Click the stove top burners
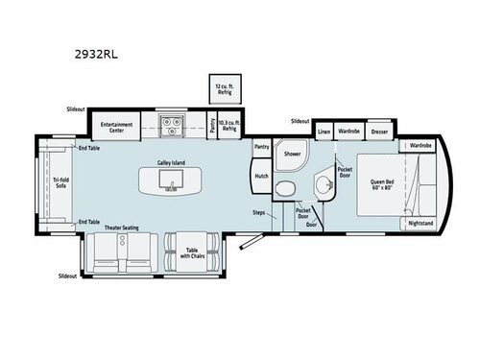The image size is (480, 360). (173, 124)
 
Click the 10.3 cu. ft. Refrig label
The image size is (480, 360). (228, 125)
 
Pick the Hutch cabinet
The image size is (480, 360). (261, 176)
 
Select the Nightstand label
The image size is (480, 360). (420, 223)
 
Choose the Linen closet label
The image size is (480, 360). (324, 130)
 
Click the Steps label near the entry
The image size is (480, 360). (258, 213)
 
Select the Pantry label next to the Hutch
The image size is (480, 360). (261, 147)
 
